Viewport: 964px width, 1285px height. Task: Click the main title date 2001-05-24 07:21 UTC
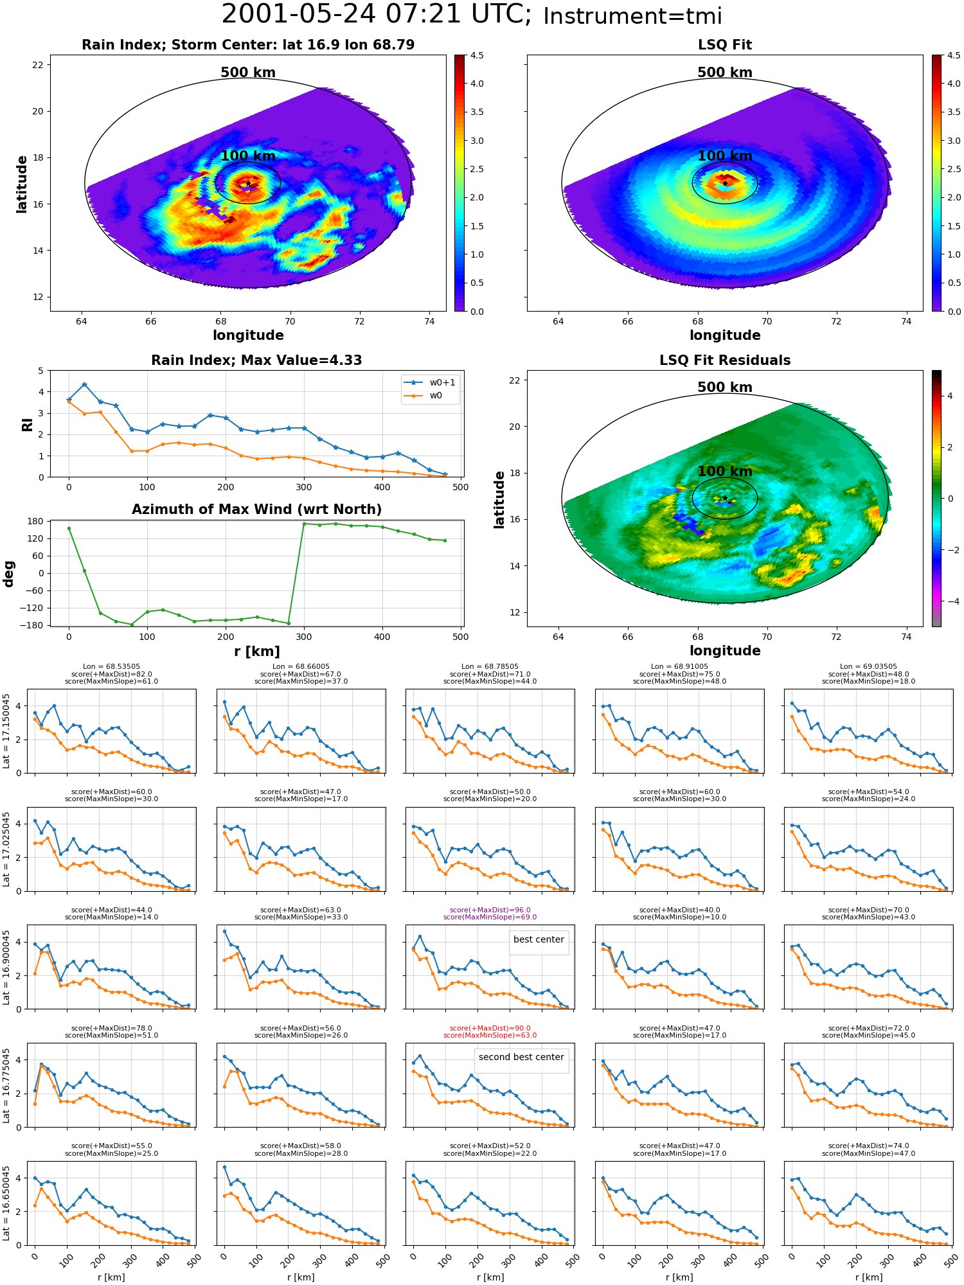[377, 15]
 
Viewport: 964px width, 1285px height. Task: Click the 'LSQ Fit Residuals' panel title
[725, 360]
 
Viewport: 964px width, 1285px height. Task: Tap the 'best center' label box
[539, 939]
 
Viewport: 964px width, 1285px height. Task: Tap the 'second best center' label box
[521, 1057]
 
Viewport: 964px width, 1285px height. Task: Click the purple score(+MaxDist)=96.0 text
[490, 910]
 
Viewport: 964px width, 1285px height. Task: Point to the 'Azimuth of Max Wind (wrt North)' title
[256, 510]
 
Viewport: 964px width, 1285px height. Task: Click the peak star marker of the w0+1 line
[84, 385]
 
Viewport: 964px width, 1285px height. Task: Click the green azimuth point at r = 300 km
[304, 524]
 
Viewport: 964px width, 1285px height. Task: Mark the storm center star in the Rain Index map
[248, 184]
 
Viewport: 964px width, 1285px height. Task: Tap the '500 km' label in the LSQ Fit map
[725, 73]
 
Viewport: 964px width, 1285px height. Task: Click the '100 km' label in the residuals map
[725, 471]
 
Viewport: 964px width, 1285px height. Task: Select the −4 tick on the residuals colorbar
[949, 601]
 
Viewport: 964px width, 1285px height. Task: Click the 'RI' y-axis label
[27, 424]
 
